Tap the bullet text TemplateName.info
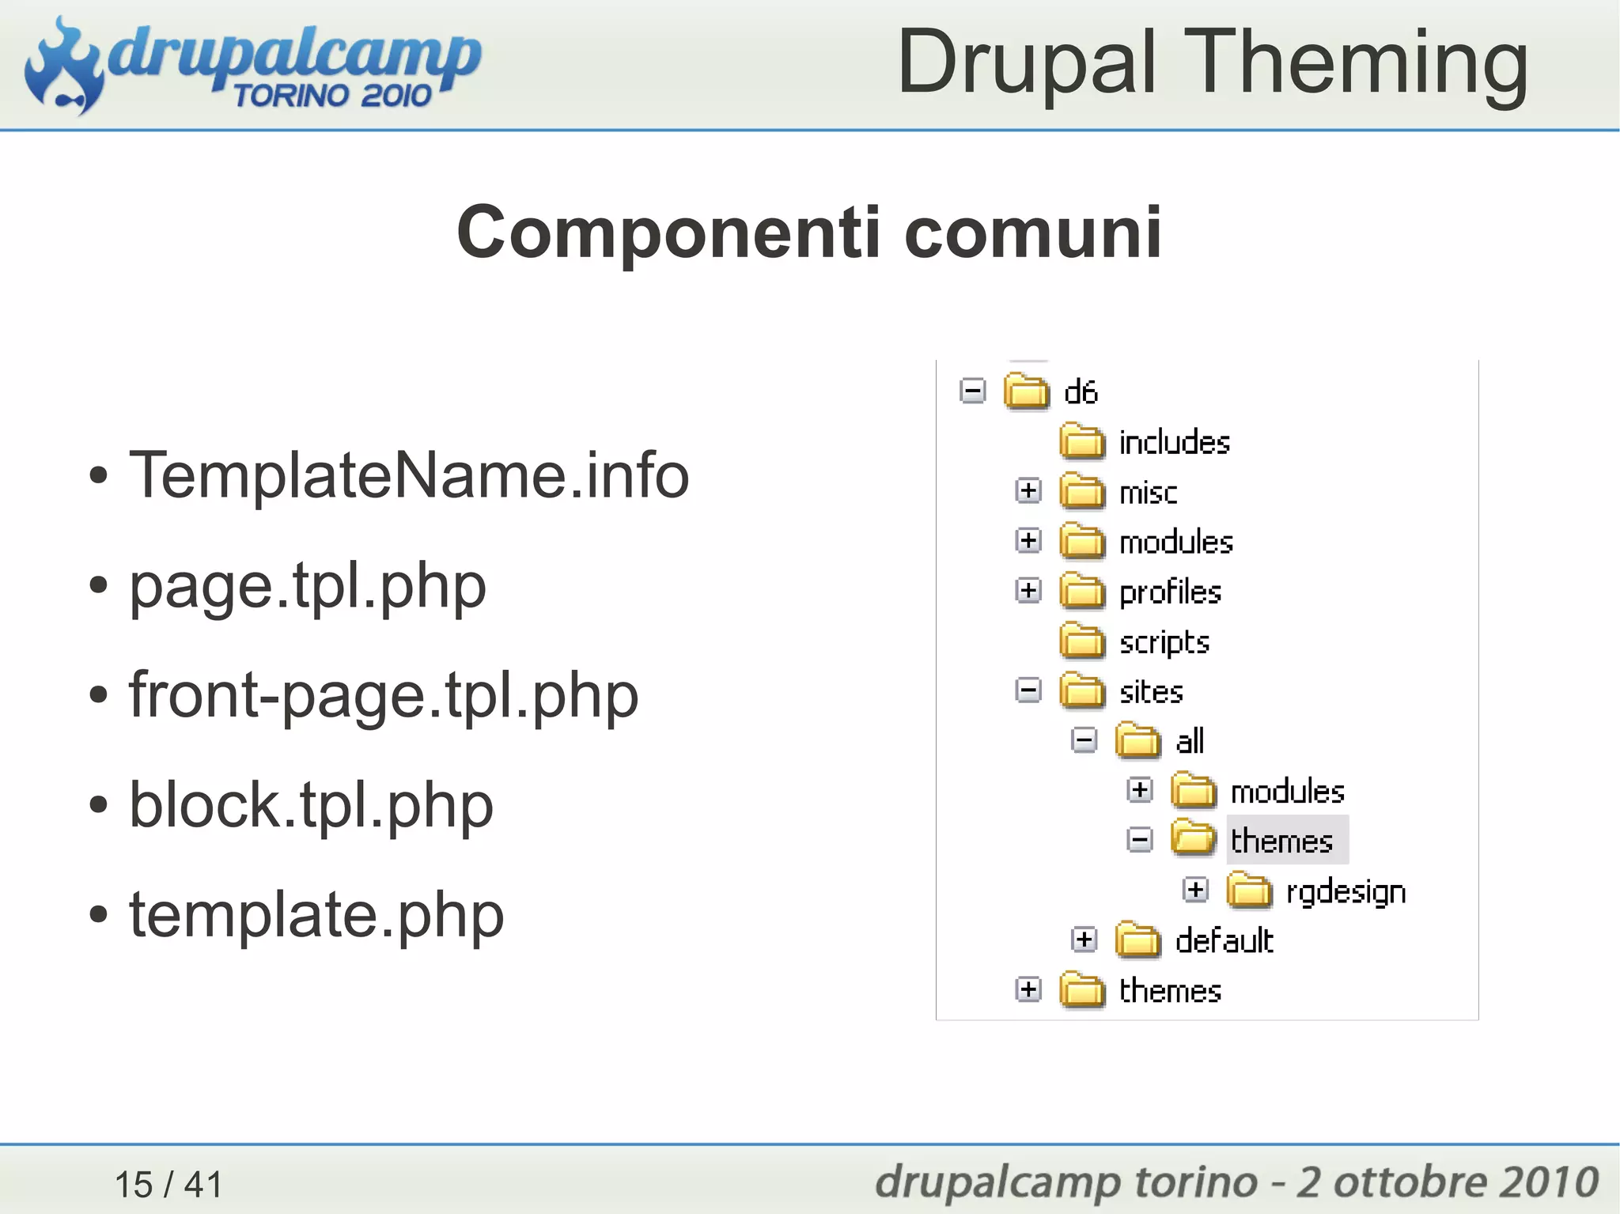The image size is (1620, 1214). click(x=409, y=475)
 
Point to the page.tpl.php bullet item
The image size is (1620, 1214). click(x=308, y=586)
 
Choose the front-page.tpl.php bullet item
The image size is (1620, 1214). click(x=384, y=695)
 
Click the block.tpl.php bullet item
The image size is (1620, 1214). click(x=311, y=805)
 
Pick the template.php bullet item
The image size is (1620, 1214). click(x=316, y=914)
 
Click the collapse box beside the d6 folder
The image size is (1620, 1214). click(x=972, y=391)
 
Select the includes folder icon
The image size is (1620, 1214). click(x=1081, y=441)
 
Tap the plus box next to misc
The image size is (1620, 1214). click(x=1028, y=491)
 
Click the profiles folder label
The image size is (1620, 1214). click(x=1170, y=592)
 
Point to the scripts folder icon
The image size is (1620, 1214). click(x=1081, y=641)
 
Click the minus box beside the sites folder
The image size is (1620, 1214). click(x=1028, y=690)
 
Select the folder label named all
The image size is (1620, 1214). click(x=1189, y=741)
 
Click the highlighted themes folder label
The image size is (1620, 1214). click(x=1282, y=841)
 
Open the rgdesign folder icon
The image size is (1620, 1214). click(x=1249, y=891)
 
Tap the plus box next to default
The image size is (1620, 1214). click(x=1084, y=940)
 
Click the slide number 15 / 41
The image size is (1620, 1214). click(x=168, y=1184)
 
